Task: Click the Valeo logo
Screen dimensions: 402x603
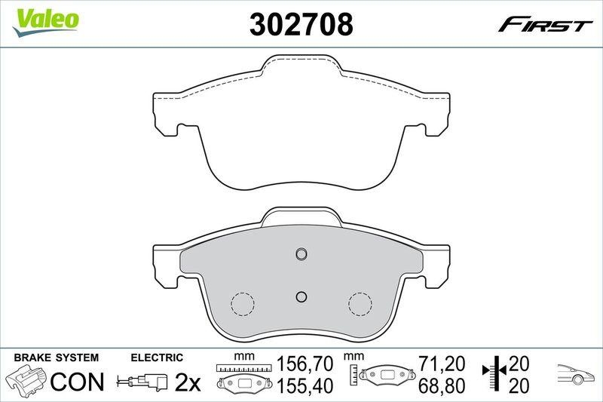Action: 43,19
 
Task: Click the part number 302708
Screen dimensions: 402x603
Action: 301,25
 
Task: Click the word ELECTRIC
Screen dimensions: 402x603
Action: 157,357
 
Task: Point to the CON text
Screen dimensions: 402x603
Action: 77,382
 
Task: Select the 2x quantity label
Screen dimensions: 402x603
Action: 188,382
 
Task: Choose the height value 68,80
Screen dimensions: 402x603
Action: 442,385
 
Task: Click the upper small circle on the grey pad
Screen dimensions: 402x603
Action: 301,253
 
